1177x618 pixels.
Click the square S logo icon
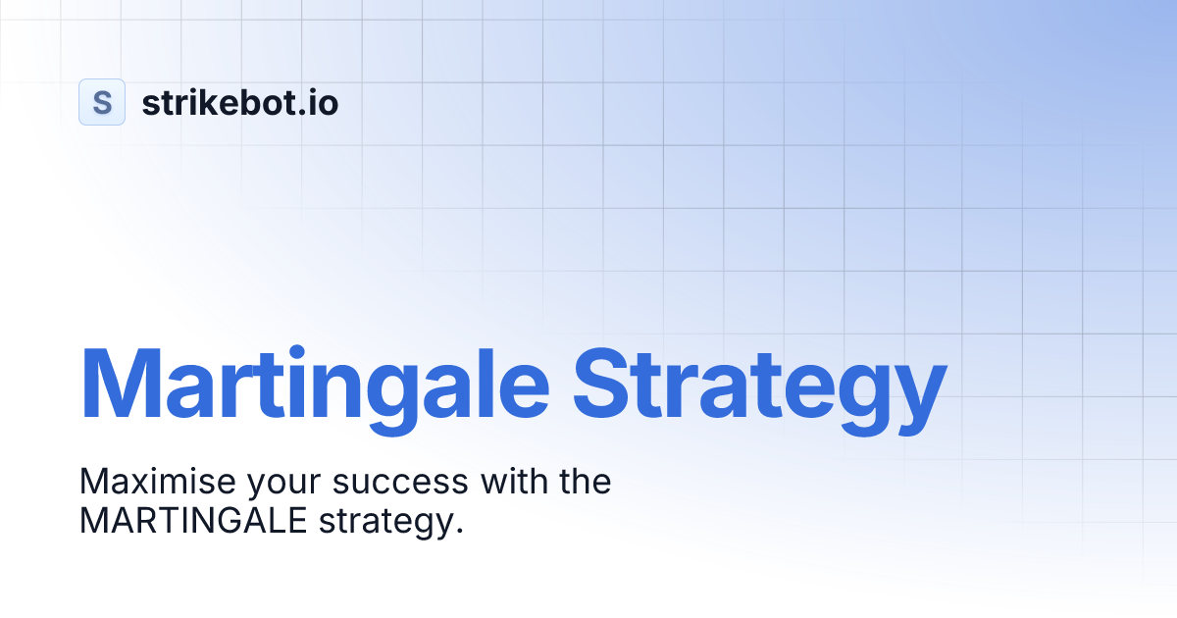102,102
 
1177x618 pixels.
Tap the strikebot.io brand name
240,102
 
